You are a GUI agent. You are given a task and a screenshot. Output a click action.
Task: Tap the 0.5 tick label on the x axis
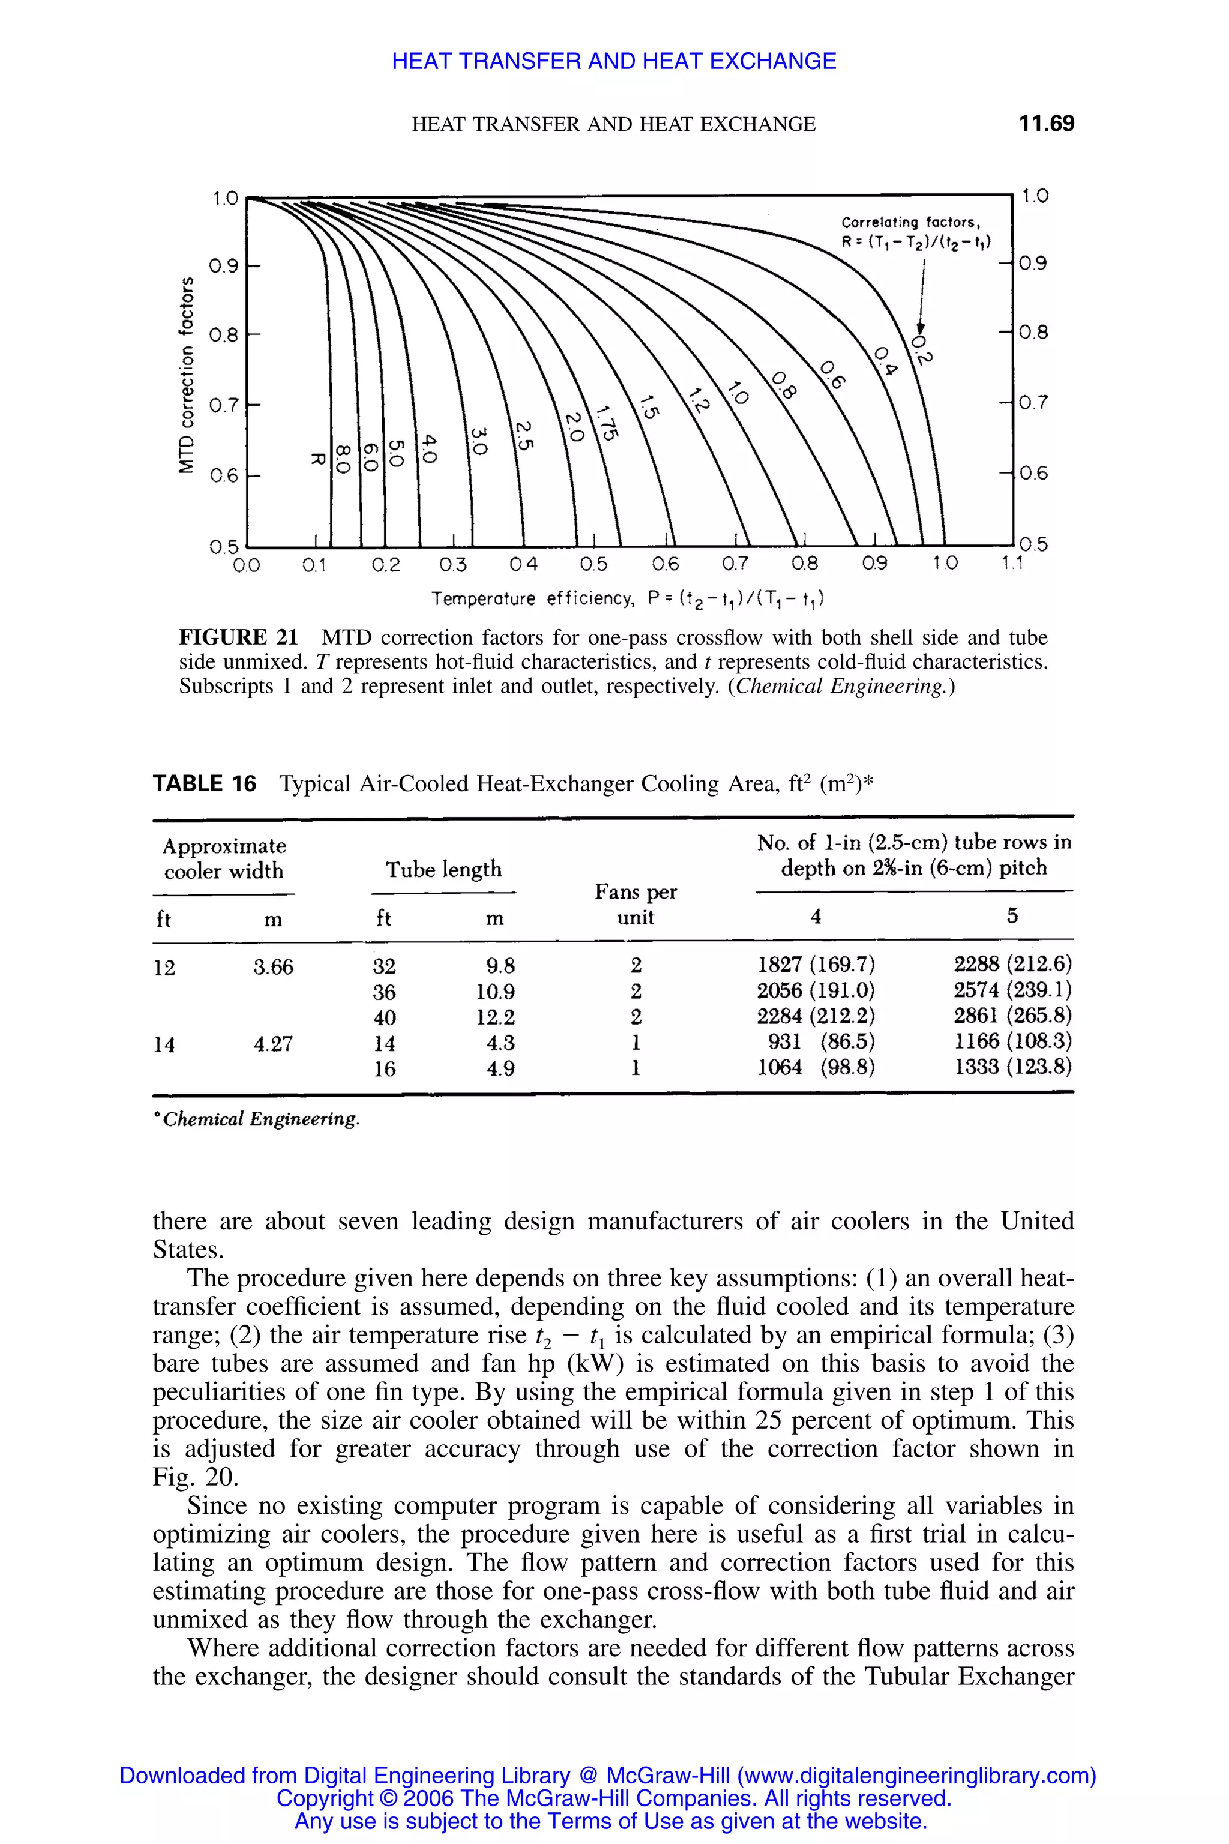(x=593, y=564)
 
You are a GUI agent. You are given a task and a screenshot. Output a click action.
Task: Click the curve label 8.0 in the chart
(x=343, y=456)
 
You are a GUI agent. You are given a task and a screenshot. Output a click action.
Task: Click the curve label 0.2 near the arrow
(x=922, y=348)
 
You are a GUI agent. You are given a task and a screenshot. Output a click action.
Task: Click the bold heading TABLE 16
(x=205, y=783)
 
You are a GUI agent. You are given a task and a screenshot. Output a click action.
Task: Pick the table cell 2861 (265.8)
(x=1012, y=1016)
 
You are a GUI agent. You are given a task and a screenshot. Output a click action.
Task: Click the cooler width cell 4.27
(x=273, y=1043)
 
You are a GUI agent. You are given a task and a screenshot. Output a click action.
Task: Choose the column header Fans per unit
(x=635, y=904)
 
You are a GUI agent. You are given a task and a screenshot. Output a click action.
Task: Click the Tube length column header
(x=443, y=869)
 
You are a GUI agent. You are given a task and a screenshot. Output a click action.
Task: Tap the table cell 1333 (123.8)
(x=1012, y=1068)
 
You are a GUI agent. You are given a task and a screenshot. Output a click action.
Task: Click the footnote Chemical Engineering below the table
(x=260, y=1119)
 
